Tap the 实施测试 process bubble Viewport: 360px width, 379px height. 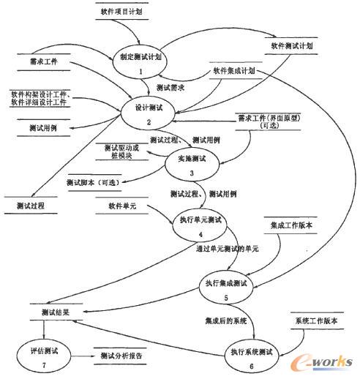(192, 161)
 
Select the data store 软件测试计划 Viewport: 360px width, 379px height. (293, 45)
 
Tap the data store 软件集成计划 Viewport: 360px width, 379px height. (233, 72)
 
